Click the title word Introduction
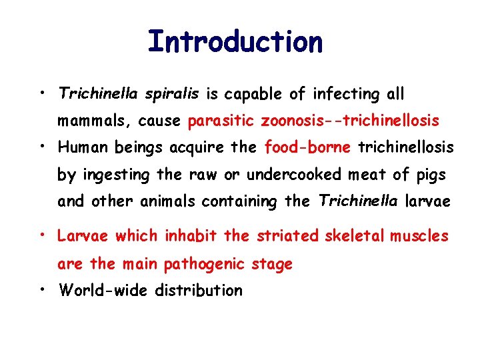(235, 41)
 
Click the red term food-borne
(309, 147)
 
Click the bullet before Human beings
(42, 145)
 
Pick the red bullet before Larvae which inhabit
(42, 235)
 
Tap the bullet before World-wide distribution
(42, 289)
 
